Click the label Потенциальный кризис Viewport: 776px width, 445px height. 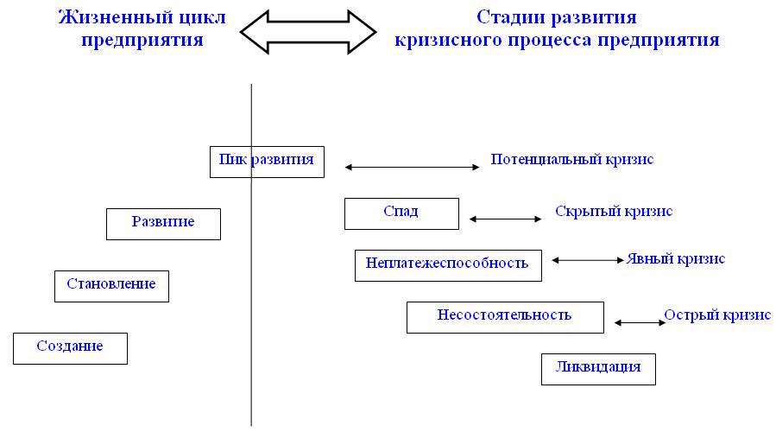pyautogui.click(x=572, y=160)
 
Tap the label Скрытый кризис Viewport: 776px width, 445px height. pyautogui.click(x=614, y=212)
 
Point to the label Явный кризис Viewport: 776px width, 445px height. pyautogui.click(x=676, y=258)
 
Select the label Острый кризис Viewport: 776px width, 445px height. pyautogui.click(x=717, y=315)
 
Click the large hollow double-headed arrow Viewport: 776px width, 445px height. pyautogui.click(x=308, y=32)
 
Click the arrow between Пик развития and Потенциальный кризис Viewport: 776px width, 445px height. pyautogui.click(x=413, y=168)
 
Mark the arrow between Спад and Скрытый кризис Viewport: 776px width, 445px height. pyautogui.click(x=505, y=219)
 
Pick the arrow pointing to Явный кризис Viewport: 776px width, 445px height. pyautogui.click(x=588, y=260)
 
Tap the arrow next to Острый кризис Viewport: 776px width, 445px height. pyautogui.click(x=640, y=322)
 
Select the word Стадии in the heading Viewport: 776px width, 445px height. pyautogui.click(x=511, y=18)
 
